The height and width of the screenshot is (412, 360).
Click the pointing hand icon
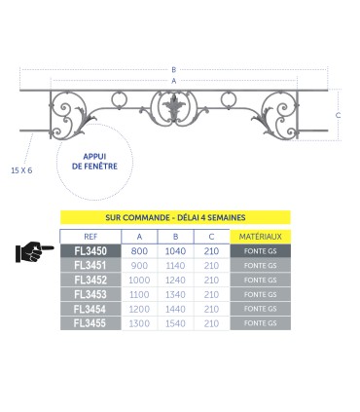coord(35,252)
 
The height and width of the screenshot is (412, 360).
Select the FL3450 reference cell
coord(90,251)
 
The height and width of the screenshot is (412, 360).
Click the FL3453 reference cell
coord(90,293)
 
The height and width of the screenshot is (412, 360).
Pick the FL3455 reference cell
coord(90,321)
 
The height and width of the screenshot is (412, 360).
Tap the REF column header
coord(90,237)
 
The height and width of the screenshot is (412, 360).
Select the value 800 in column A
coord(139,251)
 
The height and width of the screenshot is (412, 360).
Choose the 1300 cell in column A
coord(139,321)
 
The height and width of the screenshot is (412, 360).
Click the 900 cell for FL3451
coord(139,265)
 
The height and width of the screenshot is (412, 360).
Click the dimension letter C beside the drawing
coord(337,115)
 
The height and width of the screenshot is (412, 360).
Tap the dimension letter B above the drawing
coord(174,69)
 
